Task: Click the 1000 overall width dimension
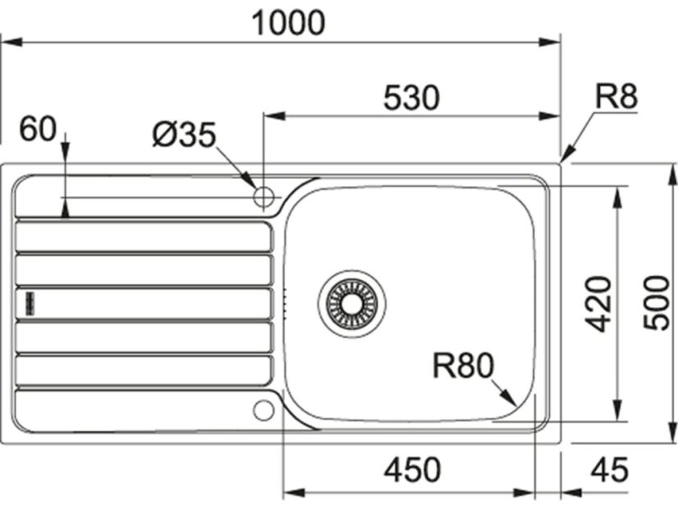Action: (x=287, y=23)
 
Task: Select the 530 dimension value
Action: (x=411, y=98)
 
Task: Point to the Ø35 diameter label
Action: (x=184, y=134)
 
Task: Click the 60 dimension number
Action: (x=38, y=128)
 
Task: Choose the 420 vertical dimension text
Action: (x=598, y=304)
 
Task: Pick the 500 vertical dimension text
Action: (x=657, y=303)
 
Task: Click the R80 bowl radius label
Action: (x=463, y=365)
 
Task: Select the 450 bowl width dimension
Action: (x=413, y=470)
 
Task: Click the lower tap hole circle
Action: (x=263, y=410)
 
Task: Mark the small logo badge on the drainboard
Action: (x=30, y=303)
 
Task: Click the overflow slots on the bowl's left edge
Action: (x=285, y=303)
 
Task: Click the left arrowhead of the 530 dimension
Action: (x=274, y=117)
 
